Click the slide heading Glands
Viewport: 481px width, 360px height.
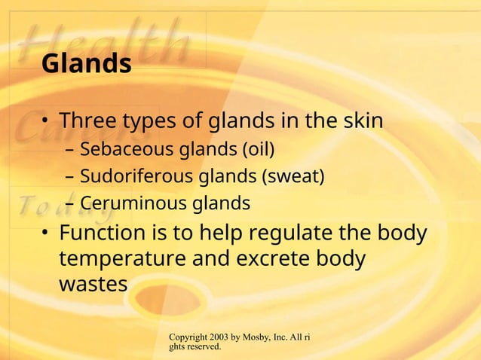(x=86, y=65)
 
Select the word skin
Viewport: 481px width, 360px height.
(x=359, y=121)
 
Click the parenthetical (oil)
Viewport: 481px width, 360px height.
(x=256, y=150)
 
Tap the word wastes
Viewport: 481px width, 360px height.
(x=93, y=285)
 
